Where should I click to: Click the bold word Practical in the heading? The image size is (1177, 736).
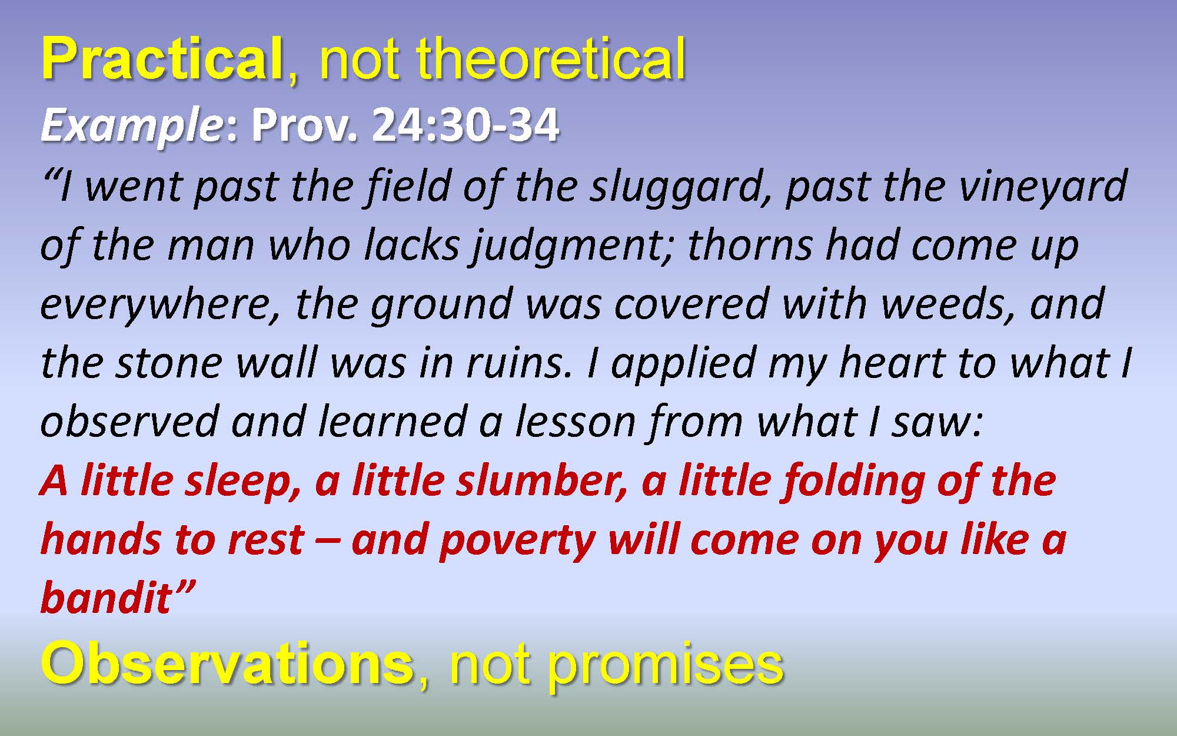(162, 59)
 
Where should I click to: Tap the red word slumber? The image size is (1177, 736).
(541, 480)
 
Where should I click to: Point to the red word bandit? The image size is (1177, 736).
(106, 598)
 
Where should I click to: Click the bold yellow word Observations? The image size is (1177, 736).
(227, 664)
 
